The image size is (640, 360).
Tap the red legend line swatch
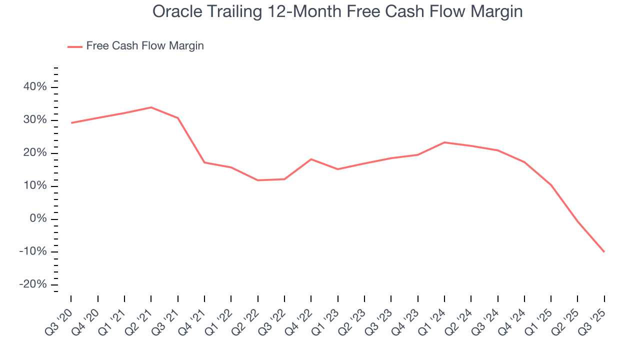[75, 46]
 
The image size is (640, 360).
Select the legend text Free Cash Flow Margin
[145, 46]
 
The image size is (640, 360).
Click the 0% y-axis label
[38, 219]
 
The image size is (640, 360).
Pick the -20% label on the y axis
[33, 284]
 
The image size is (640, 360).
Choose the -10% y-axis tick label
[33, 251]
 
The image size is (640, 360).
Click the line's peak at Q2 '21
[151, 107]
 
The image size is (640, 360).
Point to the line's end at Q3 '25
[604, 251]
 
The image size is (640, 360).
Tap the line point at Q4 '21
[204, 162]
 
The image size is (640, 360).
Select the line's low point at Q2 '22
[258, 180]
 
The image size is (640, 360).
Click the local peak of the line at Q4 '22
[311, 159]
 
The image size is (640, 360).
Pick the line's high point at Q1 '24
[444, 142]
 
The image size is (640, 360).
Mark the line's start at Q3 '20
[71, 122]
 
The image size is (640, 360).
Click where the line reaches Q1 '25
[551, 185]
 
